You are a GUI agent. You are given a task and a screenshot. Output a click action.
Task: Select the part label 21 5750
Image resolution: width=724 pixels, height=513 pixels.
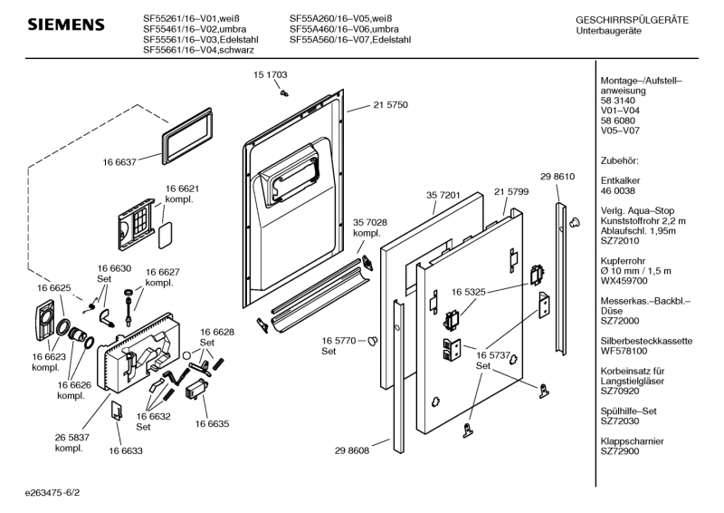[x=390, y=105]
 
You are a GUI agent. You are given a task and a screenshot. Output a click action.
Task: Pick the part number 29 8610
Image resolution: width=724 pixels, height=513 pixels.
[x=557, y=176]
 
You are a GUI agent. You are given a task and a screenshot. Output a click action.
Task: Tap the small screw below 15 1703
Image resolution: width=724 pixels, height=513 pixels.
[x=284, y=91]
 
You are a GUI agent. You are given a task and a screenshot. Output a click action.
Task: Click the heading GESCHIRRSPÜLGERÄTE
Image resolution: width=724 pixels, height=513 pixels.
[x=632, y=20]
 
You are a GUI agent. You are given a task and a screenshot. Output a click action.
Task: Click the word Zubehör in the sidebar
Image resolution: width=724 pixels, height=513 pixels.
[x=620, y=160]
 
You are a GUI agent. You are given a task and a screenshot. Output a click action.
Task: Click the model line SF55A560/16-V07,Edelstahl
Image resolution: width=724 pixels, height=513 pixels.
[x=350, y=41]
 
